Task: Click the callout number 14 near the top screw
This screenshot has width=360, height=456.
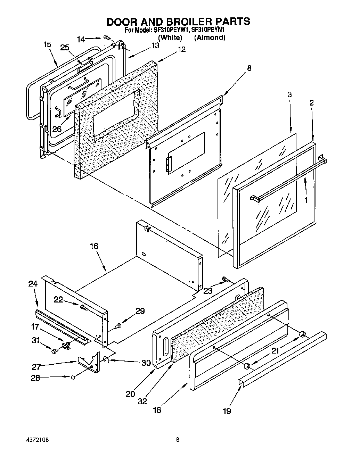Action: point(81,39)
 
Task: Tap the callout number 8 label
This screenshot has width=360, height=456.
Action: point(249,68)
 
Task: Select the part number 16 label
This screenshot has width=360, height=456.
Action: point(94,246)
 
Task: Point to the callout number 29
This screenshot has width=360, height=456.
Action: point(140,311)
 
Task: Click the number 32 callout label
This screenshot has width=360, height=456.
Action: point(142,401)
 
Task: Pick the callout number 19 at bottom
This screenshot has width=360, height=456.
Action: point(227,411)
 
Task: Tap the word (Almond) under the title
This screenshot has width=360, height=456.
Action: point(210,38)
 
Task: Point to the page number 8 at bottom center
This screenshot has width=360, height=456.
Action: point(177,440)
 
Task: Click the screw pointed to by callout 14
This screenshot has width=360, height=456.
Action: point(106,38)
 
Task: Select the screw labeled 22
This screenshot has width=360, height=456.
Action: point(83,307)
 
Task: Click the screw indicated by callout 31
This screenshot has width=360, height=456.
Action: point(54,352)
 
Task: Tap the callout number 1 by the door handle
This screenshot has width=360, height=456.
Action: point(306,200)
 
